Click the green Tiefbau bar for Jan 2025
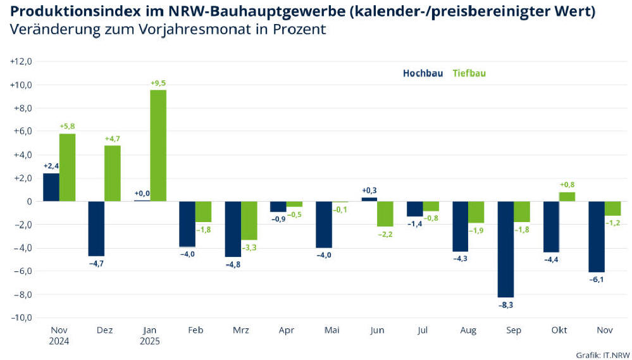point(158,146)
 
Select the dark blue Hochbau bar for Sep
point(506,249)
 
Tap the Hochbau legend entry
point(423,73)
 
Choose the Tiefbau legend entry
point(469,73)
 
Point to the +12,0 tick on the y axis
point(21,61)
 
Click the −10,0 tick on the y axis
point(21,318)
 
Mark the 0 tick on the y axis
point(28,201)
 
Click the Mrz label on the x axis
point(241,330)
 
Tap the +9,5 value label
point(158,83)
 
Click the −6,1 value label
point(596,280)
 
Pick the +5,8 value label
point(67,127)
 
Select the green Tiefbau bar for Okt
point(567,197)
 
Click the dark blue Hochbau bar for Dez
point(96,228)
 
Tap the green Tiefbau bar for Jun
point(385,214)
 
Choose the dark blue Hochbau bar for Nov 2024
point(51,187)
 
